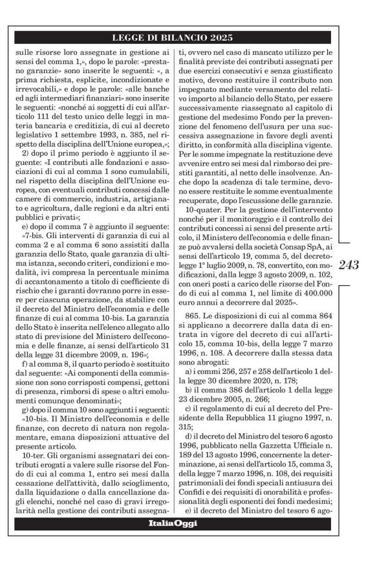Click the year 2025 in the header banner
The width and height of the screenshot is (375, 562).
(222, 38)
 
